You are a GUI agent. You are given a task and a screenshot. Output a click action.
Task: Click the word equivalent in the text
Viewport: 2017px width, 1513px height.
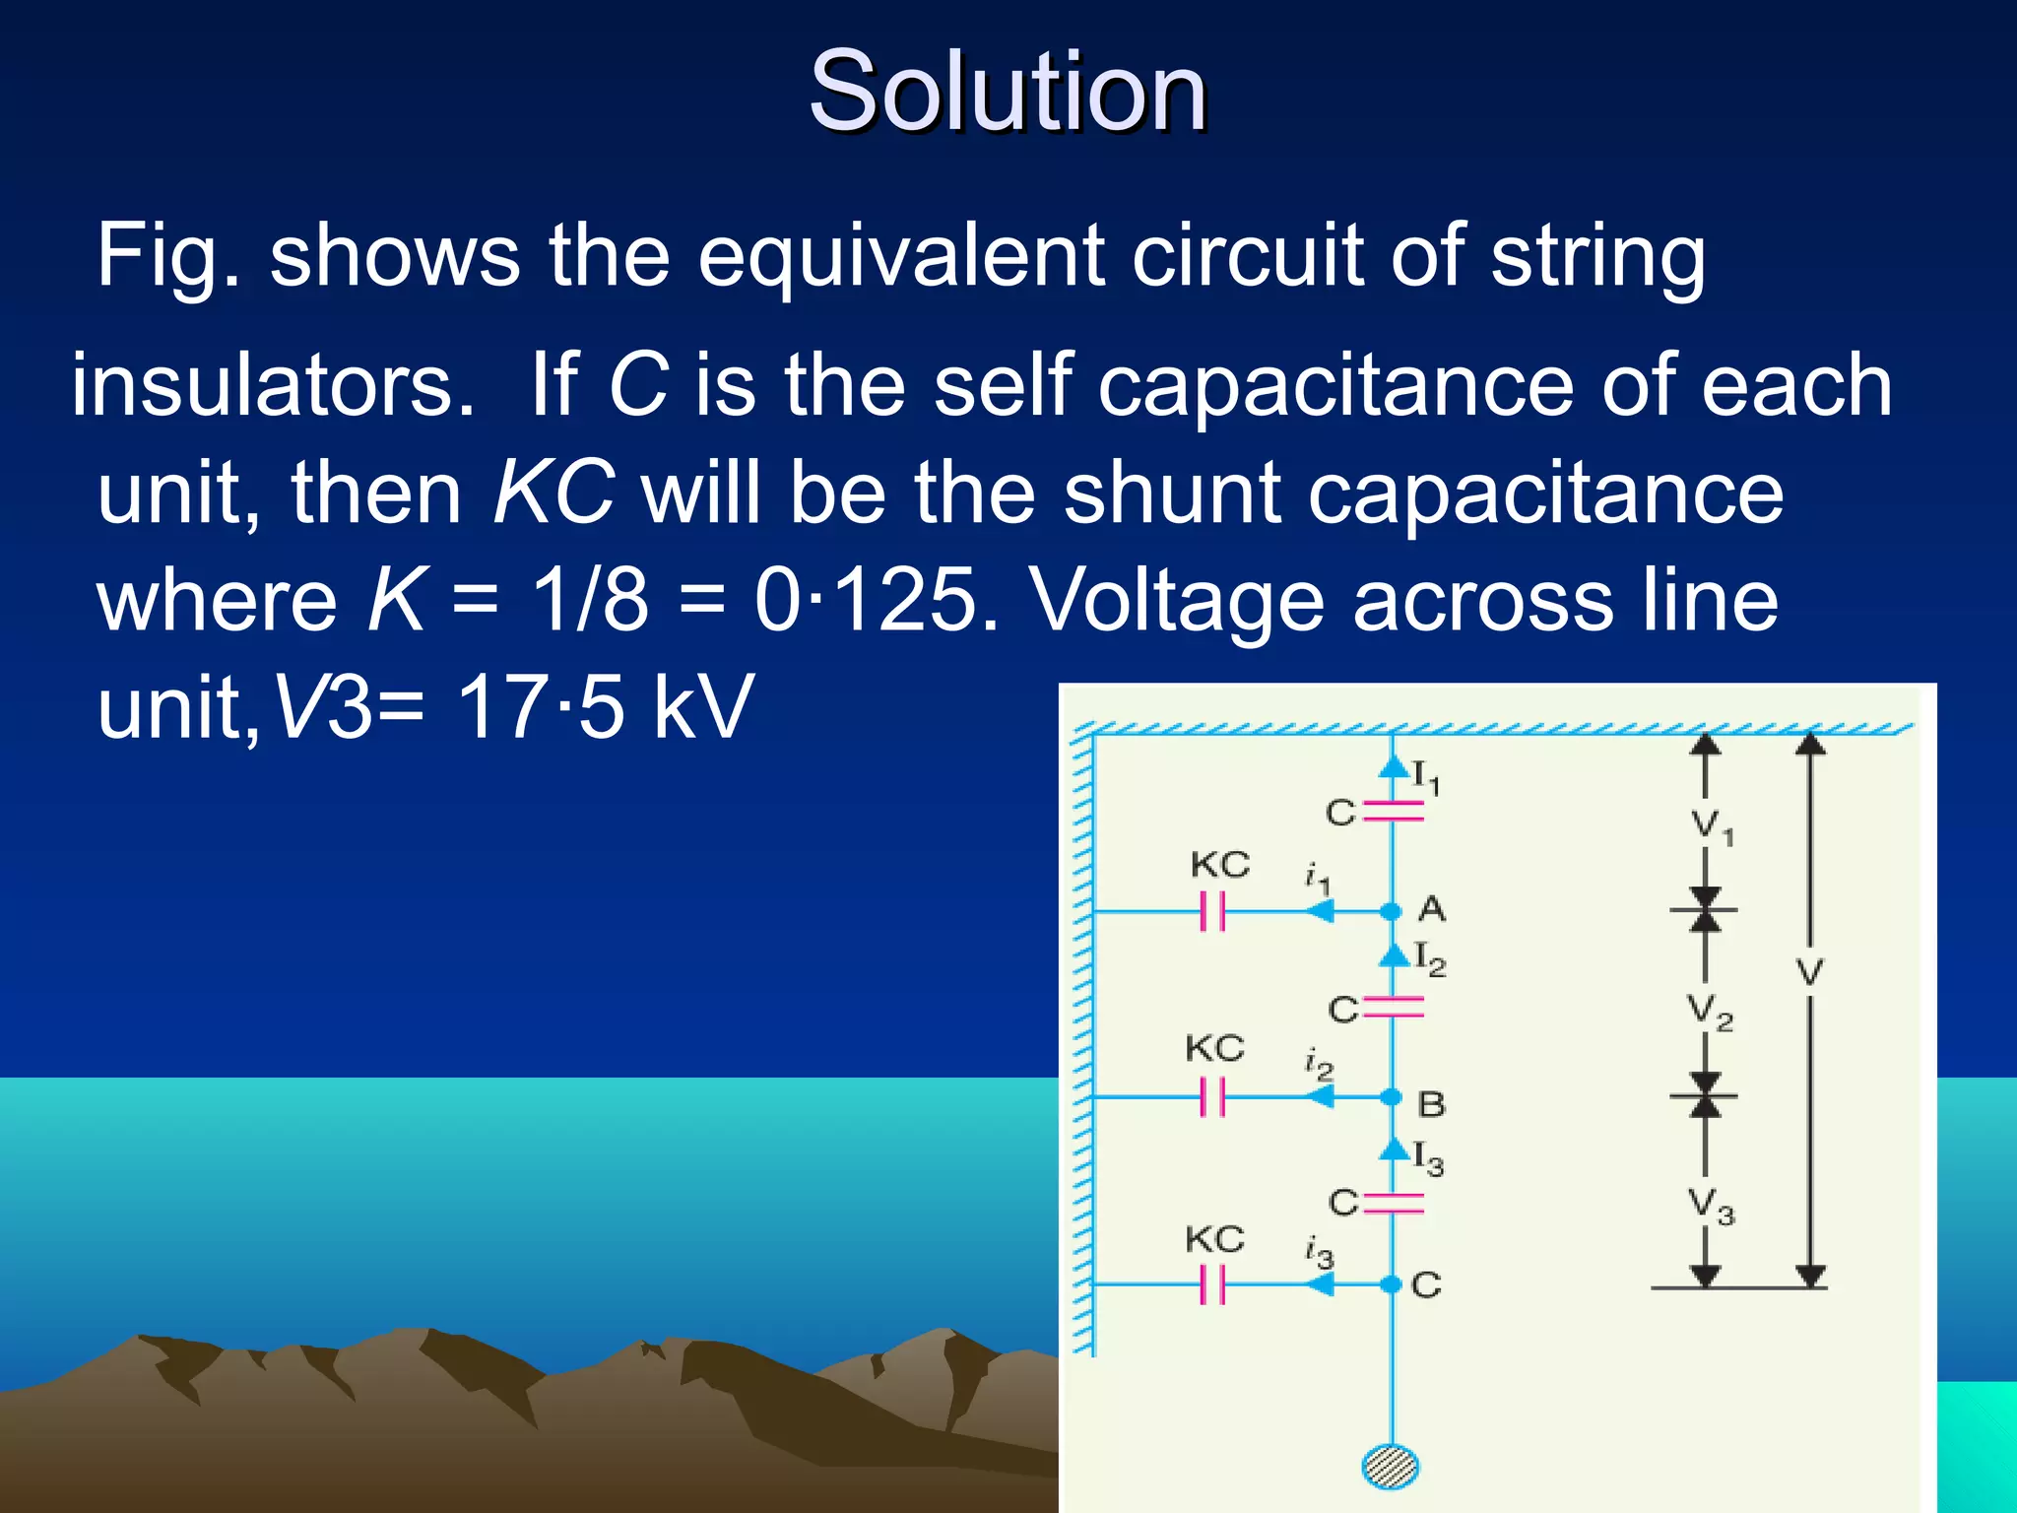point(901,256)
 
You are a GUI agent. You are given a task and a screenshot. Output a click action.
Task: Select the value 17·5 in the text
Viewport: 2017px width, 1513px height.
point(541,706)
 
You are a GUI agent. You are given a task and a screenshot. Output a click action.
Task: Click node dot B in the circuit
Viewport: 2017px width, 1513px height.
point(1391,1096)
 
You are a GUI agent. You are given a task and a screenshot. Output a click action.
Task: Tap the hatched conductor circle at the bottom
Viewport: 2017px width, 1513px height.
point(1391,1467)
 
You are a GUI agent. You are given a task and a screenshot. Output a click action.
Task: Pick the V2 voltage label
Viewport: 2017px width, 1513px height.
point(1710,1012)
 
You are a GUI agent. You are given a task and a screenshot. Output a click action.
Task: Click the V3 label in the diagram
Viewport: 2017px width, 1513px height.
point(1712,1206)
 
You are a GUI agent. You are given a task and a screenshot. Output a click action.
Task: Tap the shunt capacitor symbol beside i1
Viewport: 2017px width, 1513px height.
point(1212,912)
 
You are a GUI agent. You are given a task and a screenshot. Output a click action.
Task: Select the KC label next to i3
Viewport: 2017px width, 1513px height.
point(1214,1239)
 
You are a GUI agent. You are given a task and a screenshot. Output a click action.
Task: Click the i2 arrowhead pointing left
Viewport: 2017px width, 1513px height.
point(1320,1096)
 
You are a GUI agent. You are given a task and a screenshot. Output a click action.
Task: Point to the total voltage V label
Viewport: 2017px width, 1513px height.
point(1809,973)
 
